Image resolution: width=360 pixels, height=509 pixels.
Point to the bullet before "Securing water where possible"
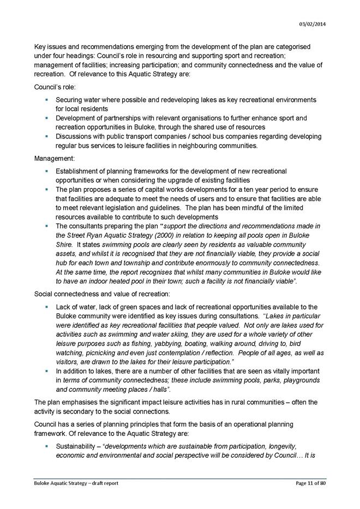[x=47, y=100]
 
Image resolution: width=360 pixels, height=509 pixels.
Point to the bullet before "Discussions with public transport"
[x=47, y=136]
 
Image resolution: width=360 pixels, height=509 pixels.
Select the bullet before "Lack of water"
[x=47, y=307]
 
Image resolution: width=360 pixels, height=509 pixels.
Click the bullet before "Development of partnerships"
[x=47, y=118]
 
